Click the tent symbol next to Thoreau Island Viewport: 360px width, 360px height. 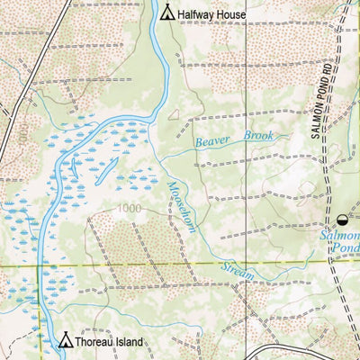pyautogui.click(x=65, y=341)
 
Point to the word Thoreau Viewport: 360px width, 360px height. pyautogui.click(x=94, y=343)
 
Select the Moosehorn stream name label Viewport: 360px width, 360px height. pyautogui.click(x=181, y=207)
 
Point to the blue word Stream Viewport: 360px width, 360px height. pyautogui.click(x=238, y=269)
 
